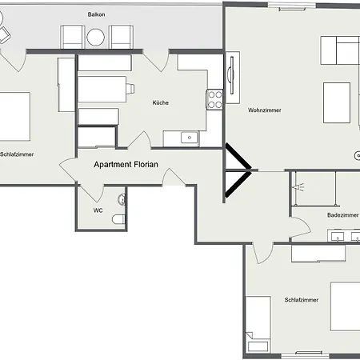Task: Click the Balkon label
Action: [97, 15]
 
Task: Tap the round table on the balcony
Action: [97, 37]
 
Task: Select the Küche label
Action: [161, 102]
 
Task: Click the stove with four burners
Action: [214, 99]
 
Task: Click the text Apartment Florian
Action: [126, 165]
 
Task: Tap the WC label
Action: [98, 210]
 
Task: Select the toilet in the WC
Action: [119, 218]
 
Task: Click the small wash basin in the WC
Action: [121, 198]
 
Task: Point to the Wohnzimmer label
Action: [264, 110]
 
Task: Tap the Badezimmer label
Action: [342, 215]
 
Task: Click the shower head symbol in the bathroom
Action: [302, 186]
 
